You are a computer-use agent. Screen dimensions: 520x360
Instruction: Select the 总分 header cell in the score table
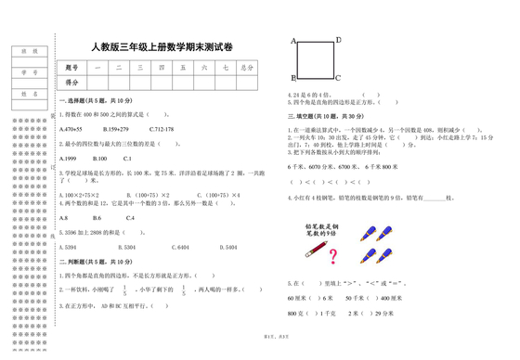pos(246,68)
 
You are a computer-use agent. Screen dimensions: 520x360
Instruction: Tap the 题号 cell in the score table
pos(73,68)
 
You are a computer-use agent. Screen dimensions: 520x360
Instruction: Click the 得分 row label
pos(73,83)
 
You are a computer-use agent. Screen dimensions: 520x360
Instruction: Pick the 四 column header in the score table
pos(162,68)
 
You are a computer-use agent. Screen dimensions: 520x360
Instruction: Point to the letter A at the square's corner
pos(294,42)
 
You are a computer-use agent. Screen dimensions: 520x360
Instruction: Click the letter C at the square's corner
pos(338,78)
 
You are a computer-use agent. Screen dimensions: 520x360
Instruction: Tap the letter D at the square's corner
pos(338,40)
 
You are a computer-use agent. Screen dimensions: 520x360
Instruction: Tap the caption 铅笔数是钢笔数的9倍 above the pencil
pos(321,229)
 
